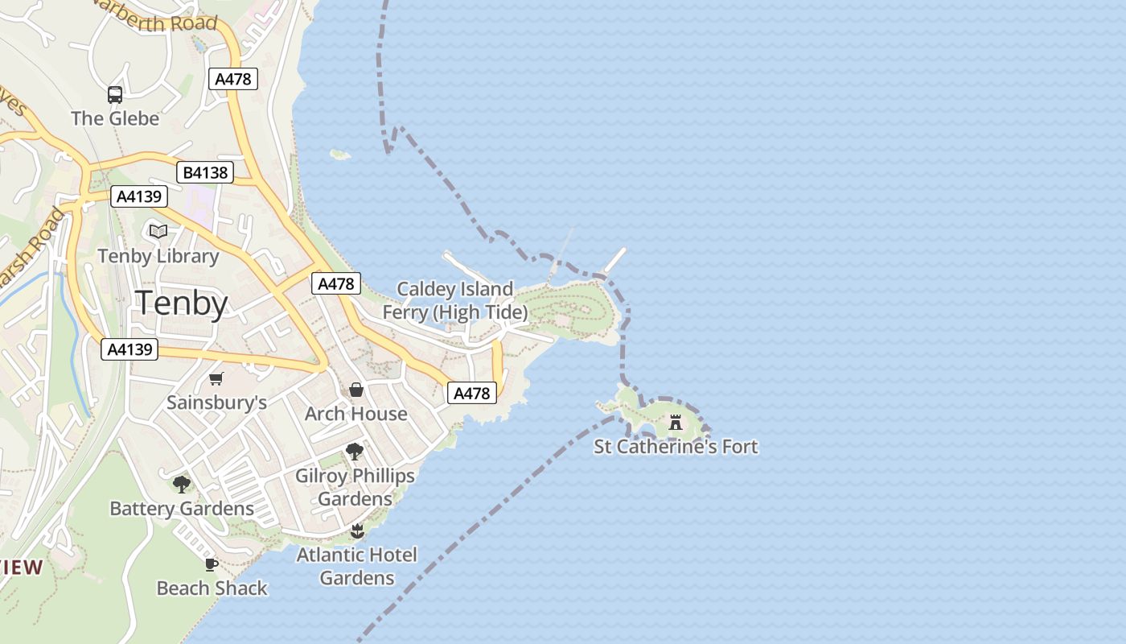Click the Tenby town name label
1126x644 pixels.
pos(182,303)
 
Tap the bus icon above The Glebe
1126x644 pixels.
pos(115,95)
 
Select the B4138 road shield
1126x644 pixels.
pos(205,172)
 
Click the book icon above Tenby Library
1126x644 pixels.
pos(158,232)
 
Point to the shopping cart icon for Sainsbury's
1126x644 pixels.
pos(216,378)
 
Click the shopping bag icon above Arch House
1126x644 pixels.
pos(356,390)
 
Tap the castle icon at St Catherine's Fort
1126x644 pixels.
pos(676,422)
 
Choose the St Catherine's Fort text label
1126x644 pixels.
pos(676,446)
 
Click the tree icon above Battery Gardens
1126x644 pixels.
pos(182,484)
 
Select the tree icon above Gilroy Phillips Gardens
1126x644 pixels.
pos(355,452)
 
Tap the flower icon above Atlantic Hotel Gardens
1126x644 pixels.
pos(357,530)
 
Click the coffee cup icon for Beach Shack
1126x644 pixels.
pos(212,564)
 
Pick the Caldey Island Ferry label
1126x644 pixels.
pos(455,300)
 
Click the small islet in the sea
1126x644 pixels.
pos(340,154)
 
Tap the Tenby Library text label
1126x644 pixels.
pos(158,256)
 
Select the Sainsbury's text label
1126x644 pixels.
pos(216,402)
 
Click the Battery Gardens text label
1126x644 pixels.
pos(182,508)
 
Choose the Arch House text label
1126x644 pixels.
pos(356,414)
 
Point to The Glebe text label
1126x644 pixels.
pos(115,118)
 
